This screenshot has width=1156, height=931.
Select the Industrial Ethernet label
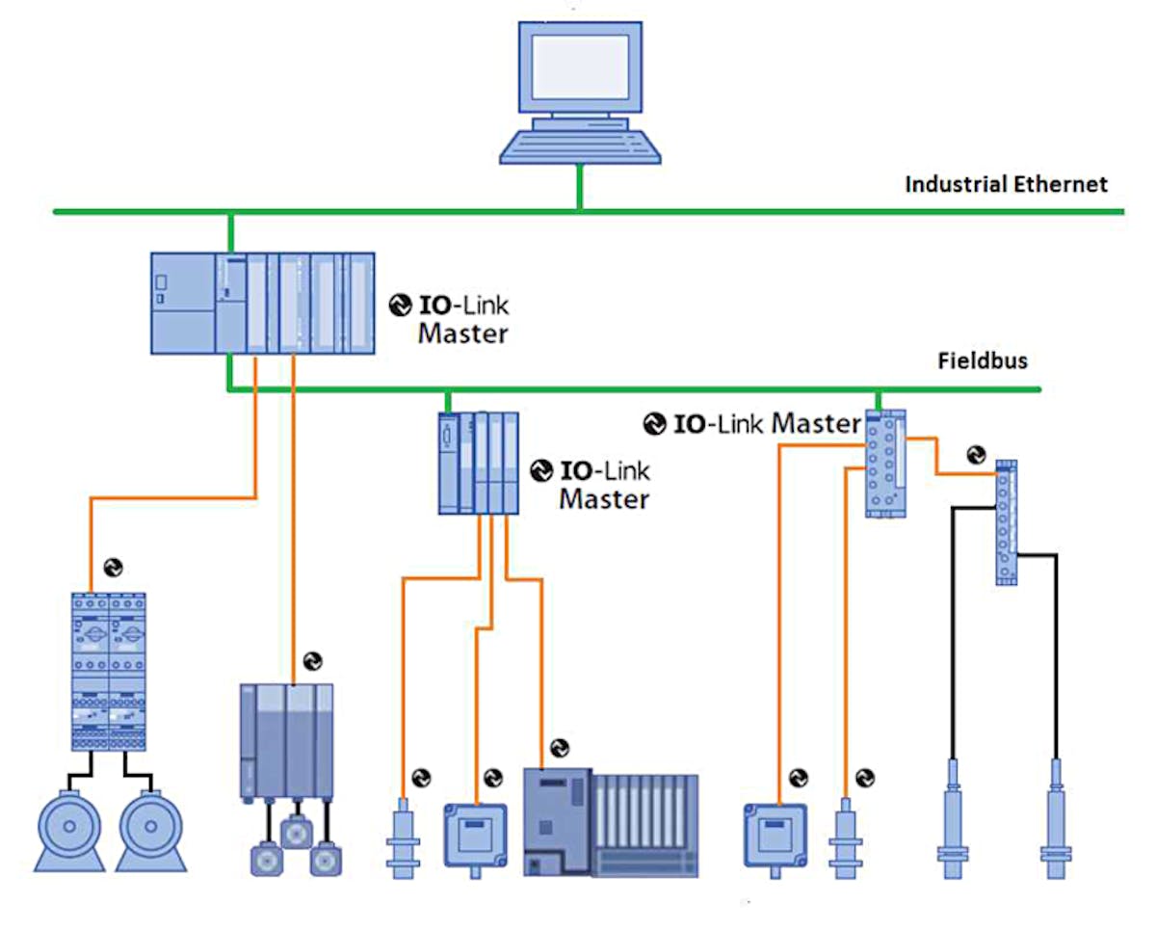tap(1007, 184)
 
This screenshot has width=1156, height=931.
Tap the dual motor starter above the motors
tap(109, 671)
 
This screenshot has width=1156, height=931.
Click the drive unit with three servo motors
tap(286, 742)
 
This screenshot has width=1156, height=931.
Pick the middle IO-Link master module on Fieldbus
tap(479, 463)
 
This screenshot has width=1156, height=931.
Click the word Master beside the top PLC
tap(462, 334)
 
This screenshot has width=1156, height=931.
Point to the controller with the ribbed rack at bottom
tap(610, 821)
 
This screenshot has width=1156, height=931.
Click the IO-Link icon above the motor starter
tap(113, 568)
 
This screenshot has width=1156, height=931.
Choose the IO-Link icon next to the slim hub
tap(976, 453)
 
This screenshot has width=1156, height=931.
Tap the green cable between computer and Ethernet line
tap(579, 187)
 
